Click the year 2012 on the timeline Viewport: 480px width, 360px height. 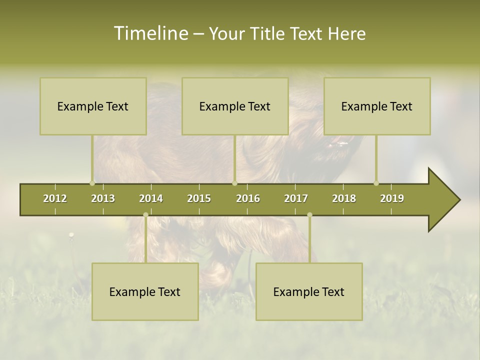pos(55,198)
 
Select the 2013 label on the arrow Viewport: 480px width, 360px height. pos(103,198)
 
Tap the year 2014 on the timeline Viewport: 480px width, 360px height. pos(151,198)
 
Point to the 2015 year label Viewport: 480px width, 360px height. pos(199,198)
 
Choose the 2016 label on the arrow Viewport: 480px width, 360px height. pos(248,198)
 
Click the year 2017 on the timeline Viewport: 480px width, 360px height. pos(296,198)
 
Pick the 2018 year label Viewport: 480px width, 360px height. pos(344,198)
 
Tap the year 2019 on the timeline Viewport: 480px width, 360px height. pos(392,198)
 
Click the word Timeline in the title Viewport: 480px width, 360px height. pos(150,33)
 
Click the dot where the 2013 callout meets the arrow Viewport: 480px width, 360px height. pos(92,183)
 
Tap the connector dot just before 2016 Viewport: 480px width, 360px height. pos(234,183)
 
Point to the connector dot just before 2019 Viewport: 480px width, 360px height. pos(376,183)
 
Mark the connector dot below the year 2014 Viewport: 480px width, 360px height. pos(145,214)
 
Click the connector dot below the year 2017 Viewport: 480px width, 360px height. pos(309,214)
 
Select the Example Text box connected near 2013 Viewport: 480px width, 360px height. pos(93,106)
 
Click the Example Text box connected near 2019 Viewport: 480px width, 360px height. pos(377,106)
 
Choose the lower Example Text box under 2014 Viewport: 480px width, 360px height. pos(145,291)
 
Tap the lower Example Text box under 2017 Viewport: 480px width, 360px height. pos(309,291)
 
